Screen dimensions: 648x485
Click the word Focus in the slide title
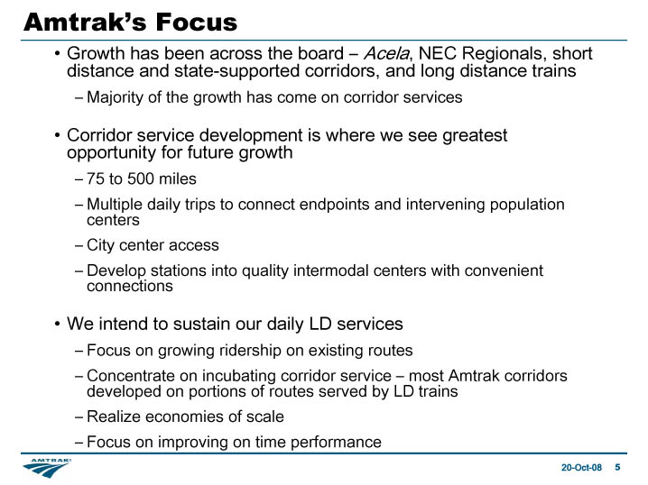(x=197, y=23)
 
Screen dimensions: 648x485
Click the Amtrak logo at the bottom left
(x=47, y=468)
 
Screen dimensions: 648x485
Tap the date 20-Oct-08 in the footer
(x=581, y=467)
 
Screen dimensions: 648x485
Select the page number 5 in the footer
(x=617, y=467)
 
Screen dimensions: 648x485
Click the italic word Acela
(x=386, y=53)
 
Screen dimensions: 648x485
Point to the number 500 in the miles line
(x=141, y=178)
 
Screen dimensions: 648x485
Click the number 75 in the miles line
(x=96, y=178)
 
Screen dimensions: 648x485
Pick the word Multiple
(x=115, y=205)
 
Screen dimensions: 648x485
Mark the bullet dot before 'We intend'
(x=57, y=324)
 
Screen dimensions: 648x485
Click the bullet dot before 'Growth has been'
(x=57, y=54)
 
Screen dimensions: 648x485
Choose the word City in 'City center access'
(x=100, y=245)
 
